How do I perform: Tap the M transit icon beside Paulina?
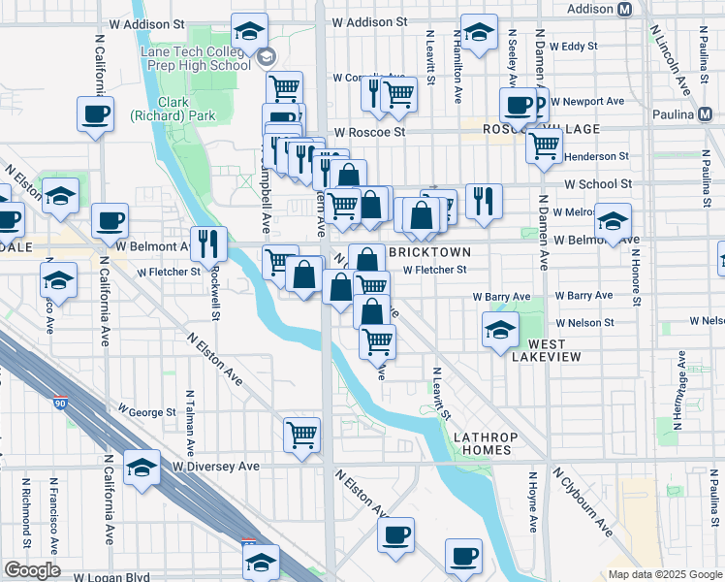click(706, 113)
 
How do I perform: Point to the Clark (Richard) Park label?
click(160, 108)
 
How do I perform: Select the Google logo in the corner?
click(32, 570)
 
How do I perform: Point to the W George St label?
click(146, 412)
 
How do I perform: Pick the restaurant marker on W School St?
click(484, 201)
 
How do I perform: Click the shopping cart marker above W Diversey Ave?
click(302, 434)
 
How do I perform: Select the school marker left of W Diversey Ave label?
click(142, 470)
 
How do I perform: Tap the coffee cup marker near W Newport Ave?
click(519, 104)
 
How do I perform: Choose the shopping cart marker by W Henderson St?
click(545, 145)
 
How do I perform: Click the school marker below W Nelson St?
click(500, 330)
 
